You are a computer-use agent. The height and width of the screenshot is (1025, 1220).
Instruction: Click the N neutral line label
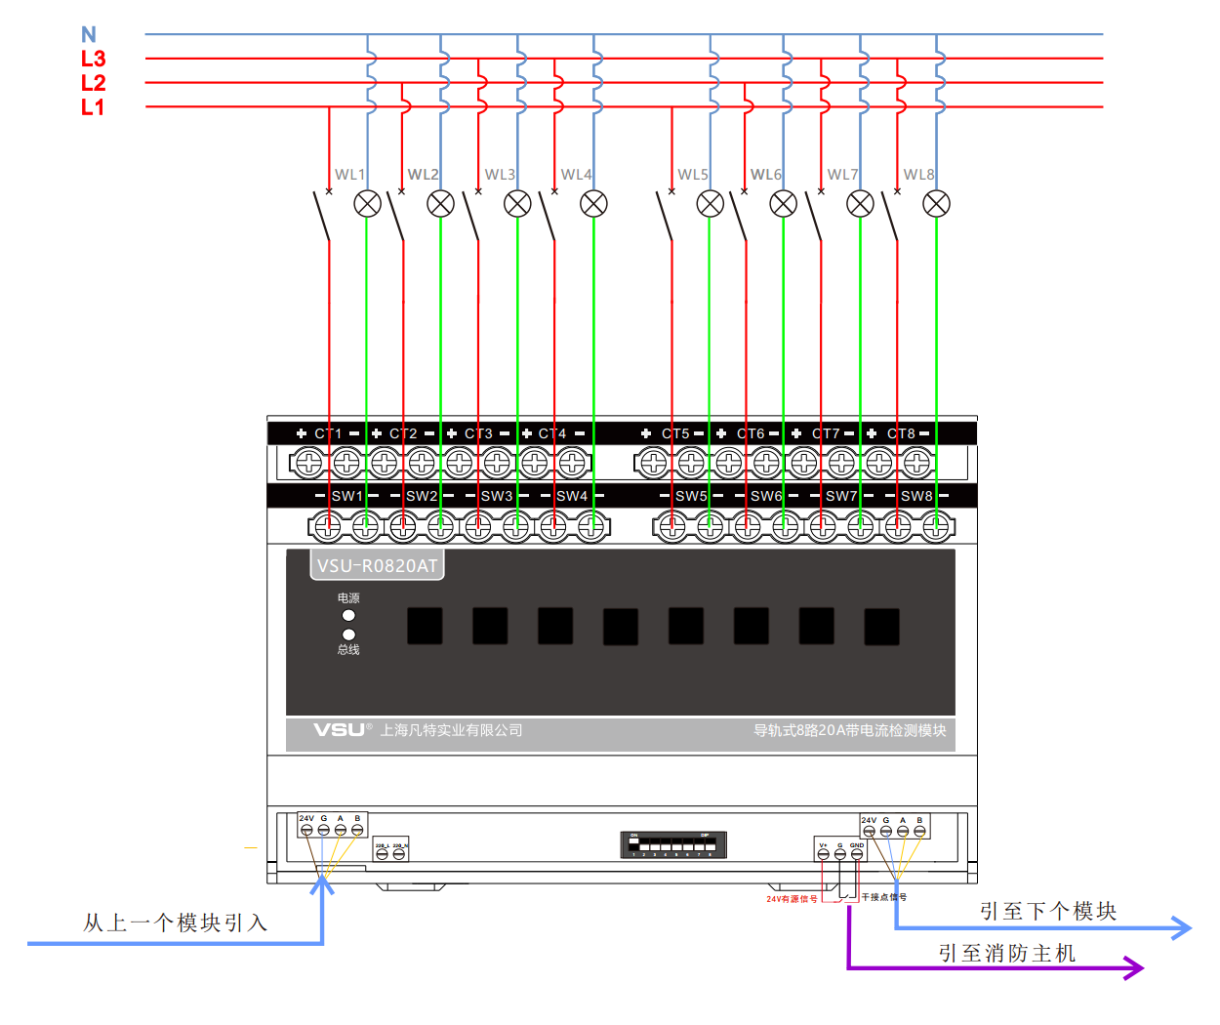click(89, 35)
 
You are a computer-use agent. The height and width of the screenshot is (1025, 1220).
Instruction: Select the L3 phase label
click(93, 59)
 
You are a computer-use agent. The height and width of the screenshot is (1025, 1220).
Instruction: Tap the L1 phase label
click(93, 107)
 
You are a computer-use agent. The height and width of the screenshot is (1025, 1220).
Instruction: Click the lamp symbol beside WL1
click(367, 203)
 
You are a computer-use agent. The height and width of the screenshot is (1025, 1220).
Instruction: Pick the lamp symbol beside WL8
click(936, 203)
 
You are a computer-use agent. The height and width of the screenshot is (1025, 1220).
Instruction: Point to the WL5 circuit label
click(693, 175)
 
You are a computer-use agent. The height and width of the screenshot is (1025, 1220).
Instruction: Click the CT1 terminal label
click(328, 433)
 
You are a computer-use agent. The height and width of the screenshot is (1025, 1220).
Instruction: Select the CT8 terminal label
click(901, 433)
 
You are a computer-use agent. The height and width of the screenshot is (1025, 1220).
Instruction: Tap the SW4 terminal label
click(572, 496)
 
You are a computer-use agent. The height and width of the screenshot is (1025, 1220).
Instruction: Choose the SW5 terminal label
click(691, 496)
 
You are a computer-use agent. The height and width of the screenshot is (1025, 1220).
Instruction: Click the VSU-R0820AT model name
click(377, 566)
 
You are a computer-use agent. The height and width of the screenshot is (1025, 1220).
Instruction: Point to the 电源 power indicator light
click(348, 615)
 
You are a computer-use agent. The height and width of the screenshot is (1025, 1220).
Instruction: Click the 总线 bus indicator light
click(348, 635)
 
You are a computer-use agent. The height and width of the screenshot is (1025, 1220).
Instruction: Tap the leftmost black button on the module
click(425, 626)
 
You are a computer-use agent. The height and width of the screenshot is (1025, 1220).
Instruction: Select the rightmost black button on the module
click(881, 627)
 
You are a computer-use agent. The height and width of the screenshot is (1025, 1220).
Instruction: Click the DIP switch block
click(673, 844)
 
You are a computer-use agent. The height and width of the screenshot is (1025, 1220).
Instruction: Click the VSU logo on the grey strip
click(339, 730)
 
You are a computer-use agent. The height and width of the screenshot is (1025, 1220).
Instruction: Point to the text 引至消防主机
click(1007, 953)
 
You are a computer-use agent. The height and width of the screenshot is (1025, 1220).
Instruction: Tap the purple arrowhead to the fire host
click(1134, 967)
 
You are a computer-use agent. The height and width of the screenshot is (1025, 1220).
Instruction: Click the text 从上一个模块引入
click(175, 922)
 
